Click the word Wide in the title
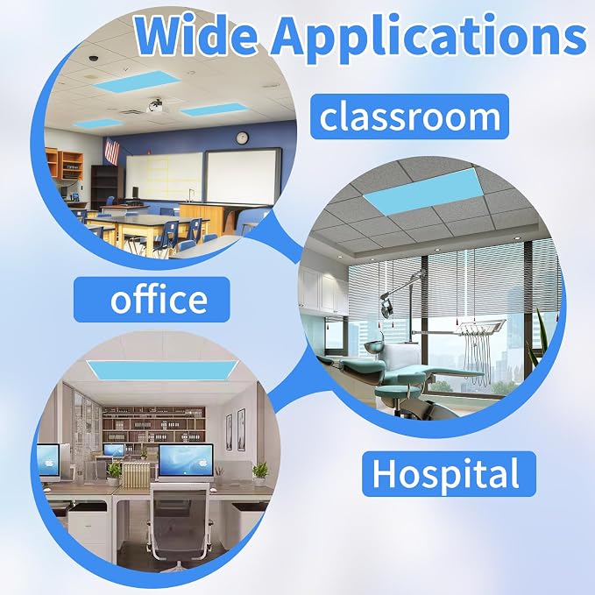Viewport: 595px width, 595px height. coord(195,35)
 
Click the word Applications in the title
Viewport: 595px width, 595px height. coord(429,38)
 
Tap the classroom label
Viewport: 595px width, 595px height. coord(410,117)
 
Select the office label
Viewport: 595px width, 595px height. coord(152,300)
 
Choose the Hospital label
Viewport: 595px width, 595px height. coord(449,474)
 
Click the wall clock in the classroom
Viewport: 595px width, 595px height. coord(242,138)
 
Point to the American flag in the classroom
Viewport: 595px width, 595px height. coord(111,151)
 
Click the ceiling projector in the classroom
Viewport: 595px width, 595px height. coord(157,107)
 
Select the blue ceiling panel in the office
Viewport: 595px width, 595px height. coord(162,371)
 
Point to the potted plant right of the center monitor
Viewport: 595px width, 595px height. coord(260,473)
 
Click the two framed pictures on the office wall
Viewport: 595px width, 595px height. coord(235,430)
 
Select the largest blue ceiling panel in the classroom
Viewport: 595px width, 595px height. coord(136,81)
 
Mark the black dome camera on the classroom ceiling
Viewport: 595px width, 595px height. coord(93,59)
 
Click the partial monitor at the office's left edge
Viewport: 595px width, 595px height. coord(48,462)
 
